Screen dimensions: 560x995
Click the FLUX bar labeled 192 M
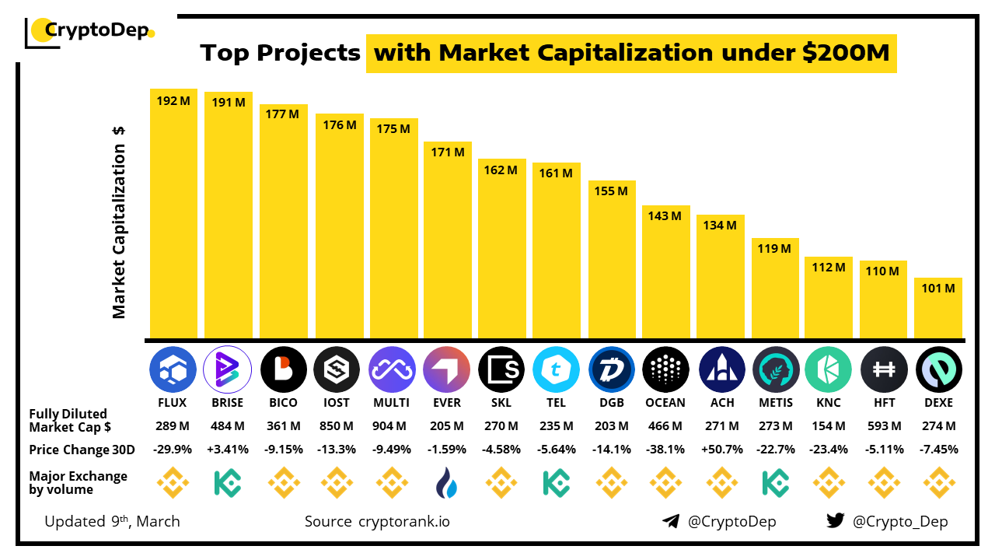pyautogui.click(x=173, y=214)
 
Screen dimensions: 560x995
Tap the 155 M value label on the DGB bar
pyautogui.click(x=612, y=191)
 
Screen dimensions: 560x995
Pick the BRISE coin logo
pyautogui.click(x=228, y=369)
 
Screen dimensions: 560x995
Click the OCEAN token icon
pyautogui.click(x=665, y=369)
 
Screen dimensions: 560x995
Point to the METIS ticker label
pyautogui.click(x=775, y=403)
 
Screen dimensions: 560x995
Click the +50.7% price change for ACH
pyautogui.click(x=721, y=450)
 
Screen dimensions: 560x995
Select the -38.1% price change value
pyautogui.click(x=665, y=450)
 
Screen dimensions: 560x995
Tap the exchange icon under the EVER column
pyautogui.click(x=447, y=483)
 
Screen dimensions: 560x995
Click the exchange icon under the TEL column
pyautogui.click(x=557, y=483)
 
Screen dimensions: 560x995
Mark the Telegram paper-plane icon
pyautogui.click(x=671, y=521)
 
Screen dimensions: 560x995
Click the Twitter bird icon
pyautogui.click(x=836, y=521)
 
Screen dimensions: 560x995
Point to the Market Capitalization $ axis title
pyautogui.click(x=119, y=222)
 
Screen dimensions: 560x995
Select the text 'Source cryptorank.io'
pyautogui.click(x=377, y=521)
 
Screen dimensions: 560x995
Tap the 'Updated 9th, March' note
pyautogui.click(x=112, y=521)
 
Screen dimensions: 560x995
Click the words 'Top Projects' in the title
pyautogui.click(x=280, y=53)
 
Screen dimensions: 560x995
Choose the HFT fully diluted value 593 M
pyautogui.click(x=884, y=426)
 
